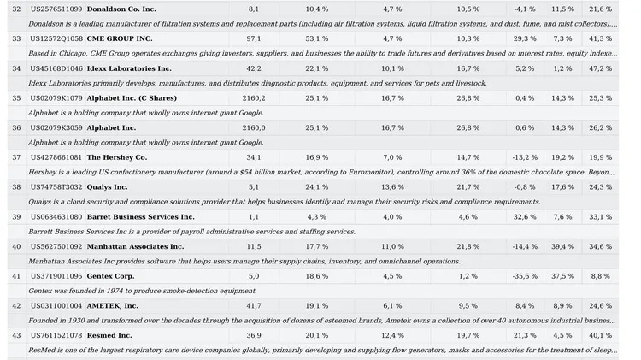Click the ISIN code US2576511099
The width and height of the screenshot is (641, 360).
point(56,9)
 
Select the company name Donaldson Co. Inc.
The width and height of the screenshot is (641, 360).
point(121,9)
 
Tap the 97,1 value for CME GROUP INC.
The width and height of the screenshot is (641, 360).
point(254,38)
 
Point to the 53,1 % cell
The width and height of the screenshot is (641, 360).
point(316,38)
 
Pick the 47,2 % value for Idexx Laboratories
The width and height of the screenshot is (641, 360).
point(600,68)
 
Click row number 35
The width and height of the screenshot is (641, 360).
point(16,98)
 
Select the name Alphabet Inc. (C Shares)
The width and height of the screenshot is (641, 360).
point(132,98)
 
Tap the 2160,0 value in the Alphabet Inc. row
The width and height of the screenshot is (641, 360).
point(254,128)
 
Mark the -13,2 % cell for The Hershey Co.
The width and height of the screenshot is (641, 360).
point(525,157)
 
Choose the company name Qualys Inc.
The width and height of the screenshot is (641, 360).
point(107,187)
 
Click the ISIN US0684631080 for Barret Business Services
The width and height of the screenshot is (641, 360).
point(56,217)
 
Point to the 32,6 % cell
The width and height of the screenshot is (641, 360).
point(525,217)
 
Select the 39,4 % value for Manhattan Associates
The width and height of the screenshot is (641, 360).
point(562,246)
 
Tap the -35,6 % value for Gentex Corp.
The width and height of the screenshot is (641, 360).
point(525,276)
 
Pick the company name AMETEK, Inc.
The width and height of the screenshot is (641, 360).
point(112,306)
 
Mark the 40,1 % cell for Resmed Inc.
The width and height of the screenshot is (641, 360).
point(600,335)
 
